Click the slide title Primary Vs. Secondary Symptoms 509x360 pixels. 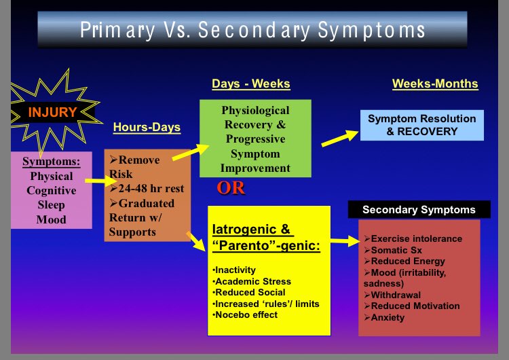pos(252,30)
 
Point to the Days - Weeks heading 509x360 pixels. pos(251,84)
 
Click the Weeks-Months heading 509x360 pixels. pos(435,84)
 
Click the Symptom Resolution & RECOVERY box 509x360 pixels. pos(421,125)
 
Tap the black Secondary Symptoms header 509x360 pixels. pos(419,210)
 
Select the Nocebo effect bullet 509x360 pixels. pos(246,314)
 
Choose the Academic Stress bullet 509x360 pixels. pos(253,281)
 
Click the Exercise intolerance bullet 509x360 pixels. pos(413,238)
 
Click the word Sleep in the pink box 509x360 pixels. pos(52,204)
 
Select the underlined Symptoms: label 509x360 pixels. pos(52,161)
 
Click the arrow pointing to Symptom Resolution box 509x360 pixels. pos(339,138)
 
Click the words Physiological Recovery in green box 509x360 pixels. pos(255,118)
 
